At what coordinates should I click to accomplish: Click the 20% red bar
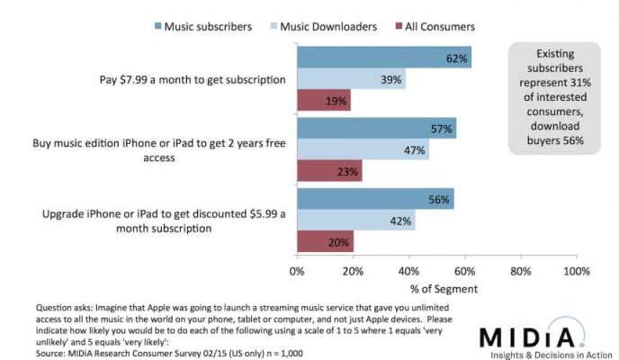point(325,240)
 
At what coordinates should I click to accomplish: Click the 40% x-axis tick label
point(409,269)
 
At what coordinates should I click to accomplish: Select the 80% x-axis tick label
point(521,269)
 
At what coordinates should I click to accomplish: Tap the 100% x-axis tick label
point(576,269)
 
